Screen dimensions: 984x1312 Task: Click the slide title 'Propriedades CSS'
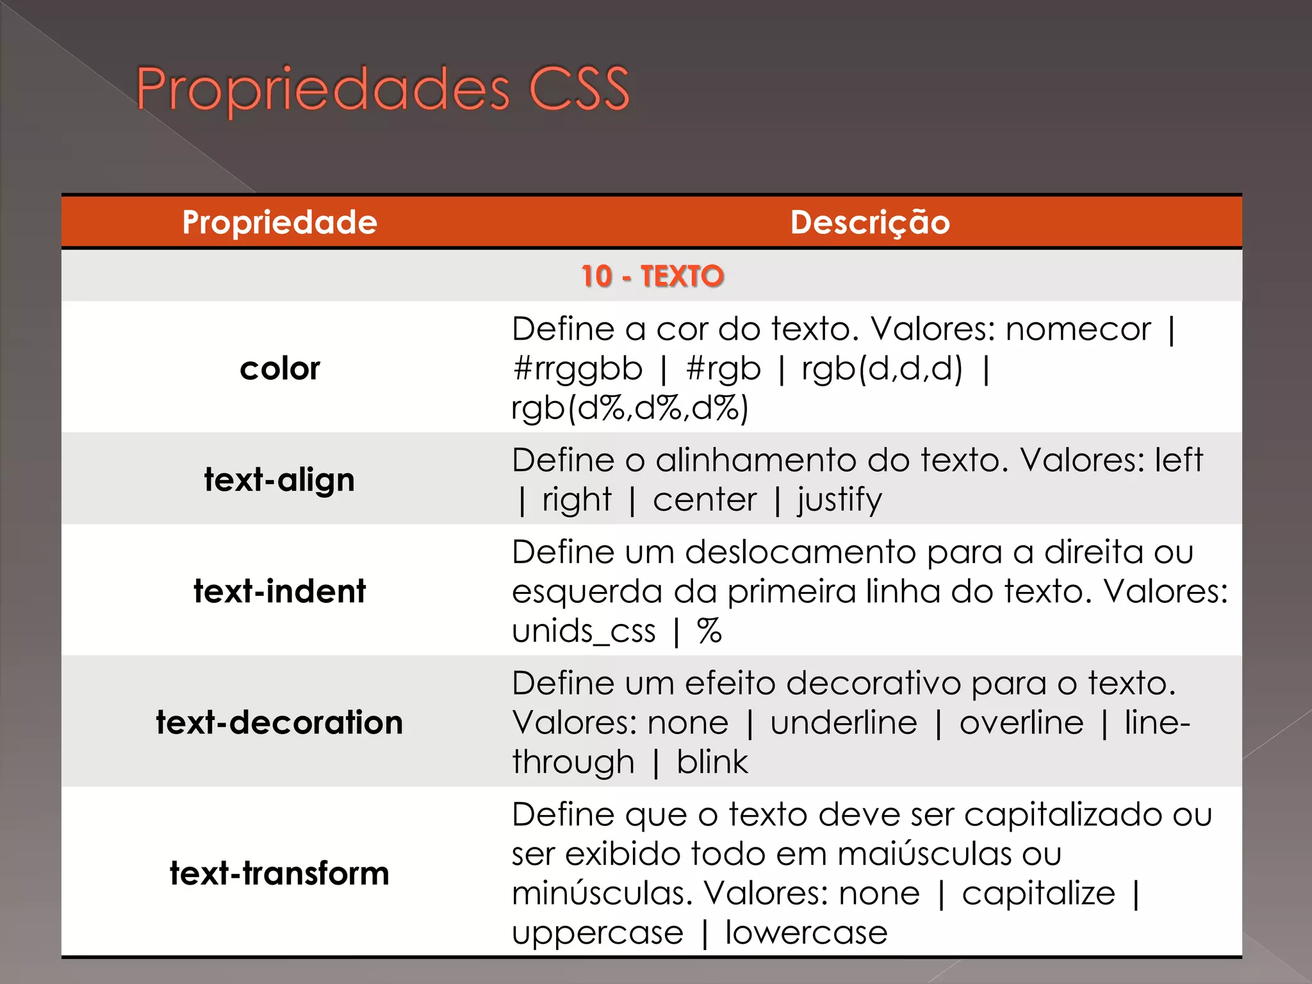click(x=382, y=89)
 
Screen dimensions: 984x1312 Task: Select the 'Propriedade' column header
click(x=279, y=222)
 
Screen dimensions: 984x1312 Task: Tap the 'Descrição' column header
click(x=869, y=222)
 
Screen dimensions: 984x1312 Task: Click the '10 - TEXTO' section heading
click(x=652, y=276)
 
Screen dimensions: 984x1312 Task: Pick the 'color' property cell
click(x=279, y=368)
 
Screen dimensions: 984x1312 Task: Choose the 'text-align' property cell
click(x=279, y=480)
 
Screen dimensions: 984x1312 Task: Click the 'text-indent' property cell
click(x=279, y=591)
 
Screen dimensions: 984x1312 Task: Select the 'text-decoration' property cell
click(x=279, y=723)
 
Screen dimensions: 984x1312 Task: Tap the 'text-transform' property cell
click(x=279, y=873)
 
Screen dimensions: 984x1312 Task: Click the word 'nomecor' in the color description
click(x=1078, y=329)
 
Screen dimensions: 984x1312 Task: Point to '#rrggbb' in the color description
click(x=577, y=369)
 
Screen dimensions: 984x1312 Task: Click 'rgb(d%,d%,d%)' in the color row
click(x=630, y=408)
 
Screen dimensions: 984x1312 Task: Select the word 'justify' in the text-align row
click(x=839, y=500)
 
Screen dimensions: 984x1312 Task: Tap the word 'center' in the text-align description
click(x=705, y=500)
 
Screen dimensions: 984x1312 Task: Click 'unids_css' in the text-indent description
click(x=584, y=631)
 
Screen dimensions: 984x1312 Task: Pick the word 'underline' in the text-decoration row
click(x=844, y=723)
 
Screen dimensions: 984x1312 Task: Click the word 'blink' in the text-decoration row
click(x=712, y=762)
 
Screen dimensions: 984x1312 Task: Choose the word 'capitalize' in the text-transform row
click(x=1038, y=894)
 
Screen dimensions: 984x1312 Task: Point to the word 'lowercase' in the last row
click(x=806, y=933)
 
